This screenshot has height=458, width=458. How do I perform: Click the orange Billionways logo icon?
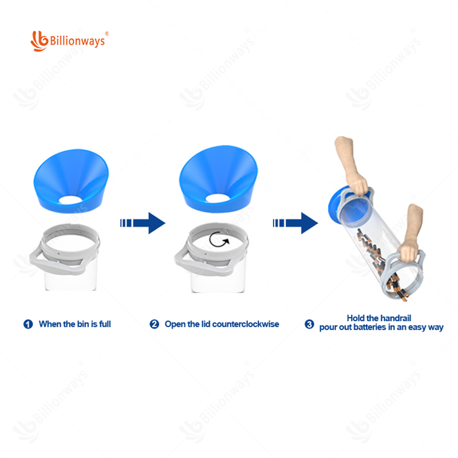[40, 41]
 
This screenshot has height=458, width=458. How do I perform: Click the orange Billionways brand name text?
[77, 41]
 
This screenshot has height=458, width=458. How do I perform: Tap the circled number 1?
[28, 324]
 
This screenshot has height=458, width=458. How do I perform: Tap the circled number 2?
[154, 324]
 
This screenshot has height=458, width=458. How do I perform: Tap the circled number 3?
[309, 324]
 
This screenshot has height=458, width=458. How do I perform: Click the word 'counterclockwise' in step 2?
[246, 324]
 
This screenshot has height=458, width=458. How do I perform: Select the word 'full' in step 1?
[105, 324]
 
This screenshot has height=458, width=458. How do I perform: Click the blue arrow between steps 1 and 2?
[143, 223]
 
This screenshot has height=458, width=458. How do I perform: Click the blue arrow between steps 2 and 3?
[295, 223]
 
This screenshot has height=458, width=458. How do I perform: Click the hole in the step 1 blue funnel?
[70, 200]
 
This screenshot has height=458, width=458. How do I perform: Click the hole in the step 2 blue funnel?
[217, 198]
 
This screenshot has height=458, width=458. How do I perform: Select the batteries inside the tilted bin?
[380, 266]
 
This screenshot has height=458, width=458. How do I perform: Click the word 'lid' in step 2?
[206, 324]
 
